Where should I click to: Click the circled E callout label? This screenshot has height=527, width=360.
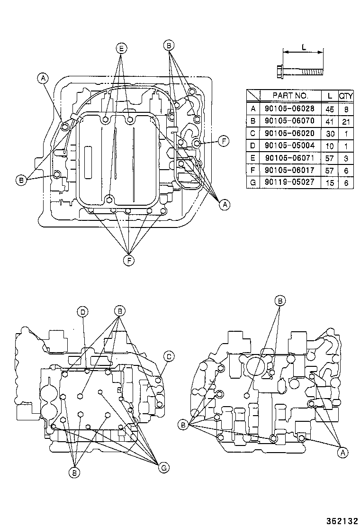click(121, 48)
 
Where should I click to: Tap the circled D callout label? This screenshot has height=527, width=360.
click(82, 311)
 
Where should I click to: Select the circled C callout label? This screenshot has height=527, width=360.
click(168, 356)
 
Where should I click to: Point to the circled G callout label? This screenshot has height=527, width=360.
click(163, 468)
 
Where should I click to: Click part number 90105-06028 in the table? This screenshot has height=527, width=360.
click(290, 108)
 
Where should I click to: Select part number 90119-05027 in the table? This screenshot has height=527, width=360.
click(290, 182)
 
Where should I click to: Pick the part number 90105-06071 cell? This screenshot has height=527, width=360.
click(290, 157)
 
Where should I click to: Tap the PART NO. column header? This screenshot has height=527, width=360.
click(290, 96)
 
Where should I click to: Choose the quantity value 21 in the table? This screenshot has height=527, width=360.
click(346, 120)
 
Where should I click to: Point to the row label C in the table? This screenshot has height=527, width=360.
click(253, 133)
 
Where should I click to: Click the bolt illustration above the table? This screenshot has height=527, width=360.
click(298, 72)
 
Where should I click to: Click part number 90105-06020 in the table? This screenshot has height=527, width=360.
click(290, 133)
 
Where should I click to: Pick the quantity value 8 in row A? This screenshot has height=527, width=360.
click(346, 108)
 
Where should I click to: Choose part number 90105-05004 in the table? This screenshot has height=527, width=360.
click(290, 145)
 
